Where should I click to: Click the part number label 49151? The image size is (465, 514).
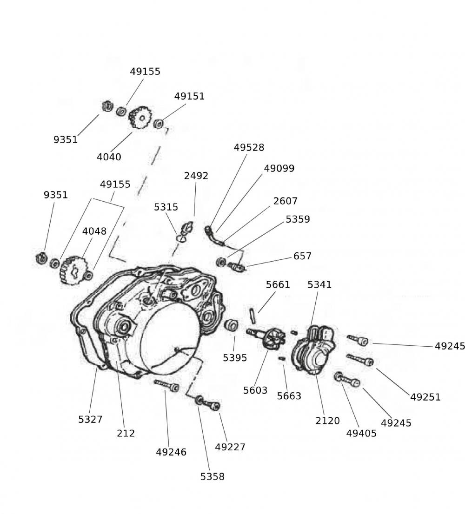tap(189, 96)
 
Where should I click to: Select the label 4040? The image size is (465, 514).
tap(109, 157)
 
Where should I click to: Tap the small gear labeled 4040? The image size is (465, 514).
tap(138, 118)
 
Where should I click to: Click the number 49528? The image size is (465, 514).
tap(249, 147)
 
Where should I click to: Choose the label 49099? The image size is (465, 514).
tap(279, 168)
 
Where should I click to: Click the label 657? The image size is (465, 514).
tap(302, 256)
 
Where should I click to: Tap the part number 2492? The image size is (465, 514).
tap(196, 176)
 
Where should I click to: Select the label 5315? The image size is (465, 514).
tap(166, 207)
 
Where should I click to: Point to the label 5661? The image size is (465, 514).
tap(278, 284)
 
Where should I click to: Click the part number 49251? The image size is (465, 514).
tap(425, 397)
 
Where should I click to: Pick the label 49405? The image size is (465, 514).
tap(361, 433)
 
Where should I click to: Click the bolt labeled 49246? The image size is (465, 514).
tap(166, 384)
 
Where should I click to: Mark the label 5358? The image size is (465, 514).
tap(213, 476)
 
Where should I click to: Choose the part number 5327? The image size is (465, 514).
tap(90, 419)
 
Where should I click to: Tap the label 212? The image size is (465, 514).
tap(126, 433)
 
